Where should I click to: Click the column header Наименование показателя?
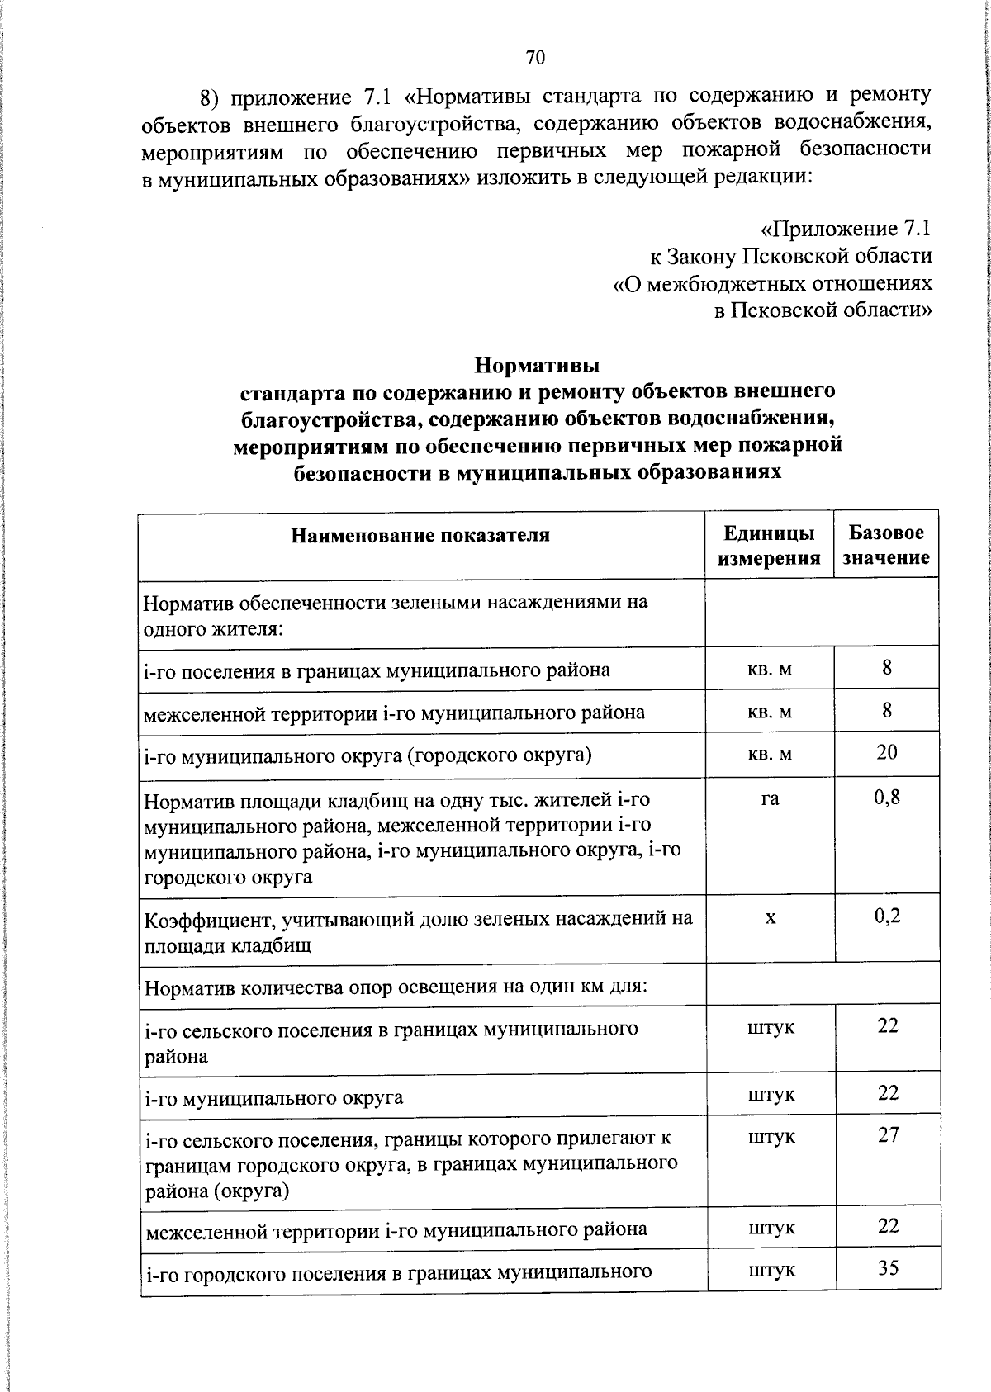point(420,535)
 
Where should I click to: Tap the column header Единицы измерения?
point(769,546)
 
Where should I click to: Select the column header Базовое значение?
point(886,546)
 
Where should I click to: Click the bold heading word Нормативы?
point(538,364)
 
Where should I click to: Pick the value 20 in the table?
point(887,751)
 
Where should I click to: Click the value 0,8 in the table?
point(887,797)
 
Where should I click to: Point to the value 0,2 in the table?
point(887,915)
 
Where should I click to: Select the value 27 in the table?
point(888,1134)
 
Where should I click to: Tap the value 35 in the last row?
point(888,1267)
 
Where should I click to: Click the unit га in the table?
point(770,798)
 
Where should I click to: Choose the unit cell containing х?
point(770,916)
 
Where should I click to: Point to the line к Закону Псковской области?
point(791,256)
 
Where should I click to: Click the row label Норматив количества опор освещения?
point(395,986)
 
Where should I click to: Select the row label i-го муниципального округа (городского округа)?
point(367,755)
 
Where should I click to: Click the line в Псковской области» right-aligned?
point(823,310)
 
